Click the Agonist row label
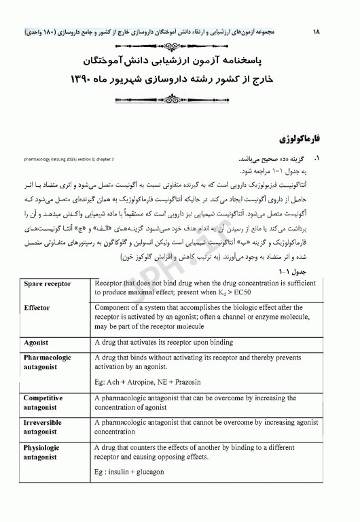tap(35, 343)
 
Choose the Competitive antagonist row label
tap(43, 402)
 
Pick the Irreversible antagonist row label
tap(43, 427)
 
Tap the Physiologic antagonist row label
tap(41, 453)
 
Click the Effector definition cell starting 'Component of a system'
tap(197, 315)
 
